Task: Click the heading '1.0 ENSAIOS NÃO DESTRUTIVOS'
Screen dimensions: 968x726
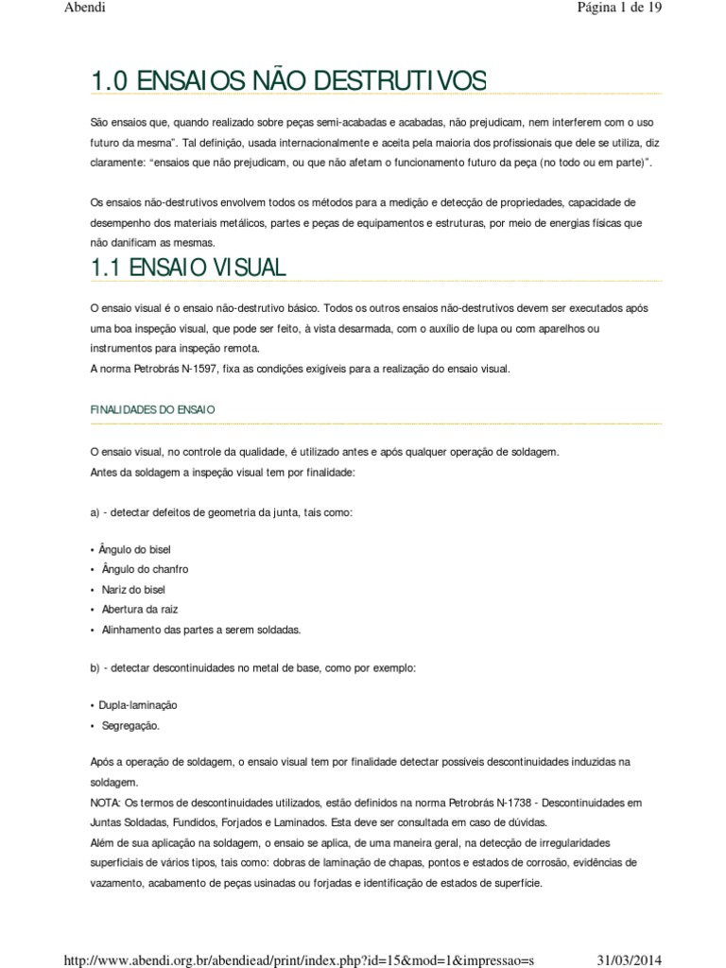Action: (x=288, y=81)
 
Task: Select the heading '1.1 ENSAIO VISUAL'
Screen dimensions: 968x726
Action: (x=188, y=268)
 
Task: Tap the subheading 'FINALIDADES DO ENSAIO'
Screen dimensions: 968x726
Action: (x=153, y=409)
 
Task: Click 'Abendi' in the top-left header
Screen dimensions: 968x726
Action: (x=84, y=9)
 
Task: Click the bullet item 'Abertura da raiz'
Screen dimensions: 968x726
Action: (x=139, y=609)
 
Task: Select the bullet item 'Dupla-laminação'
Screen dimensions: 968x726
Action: (x=137, y=705)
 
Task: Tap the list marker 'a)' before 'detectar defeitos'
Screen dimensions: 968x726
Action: (x=95, y=511)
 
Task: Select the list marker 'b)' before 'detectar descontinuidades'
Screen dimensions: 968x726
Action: (x=95, y=667)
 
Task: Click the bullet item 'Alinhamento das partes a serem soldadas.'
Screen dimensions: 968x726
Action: (x=200, y=629)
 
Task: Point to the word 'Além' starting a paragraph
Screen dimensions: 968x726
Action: (x=102, y=841)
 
